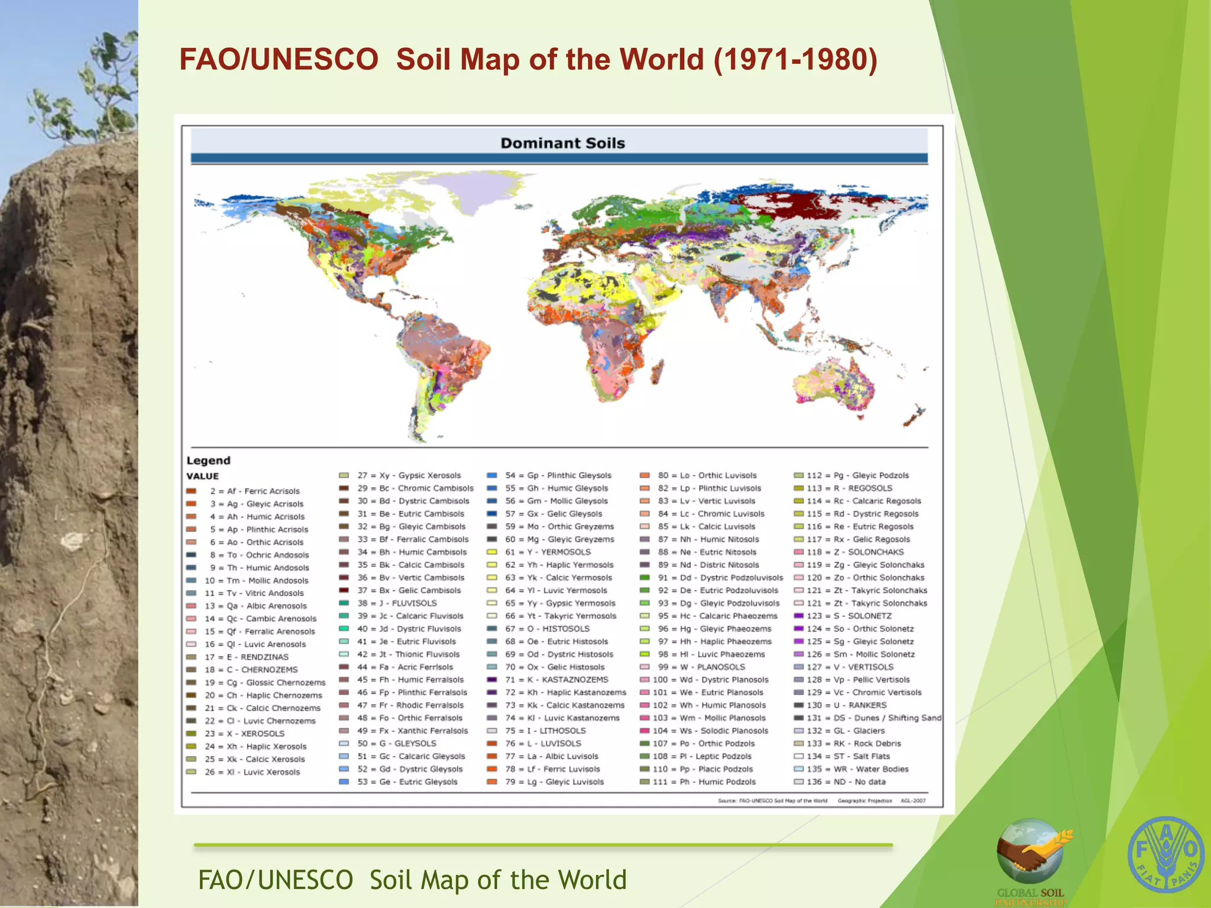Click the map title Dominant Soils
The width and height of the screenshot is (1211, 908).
(562, 143)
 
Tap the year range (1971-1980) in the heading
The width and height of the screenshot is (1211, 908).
(795, 60)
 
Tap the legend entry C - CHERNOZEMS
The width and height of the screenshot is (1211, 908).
(261, 670)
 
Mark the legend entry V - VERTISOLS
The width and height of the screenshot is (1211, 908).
(863, 667)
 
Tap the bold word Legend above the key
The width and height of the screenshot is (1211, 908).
(208, 461)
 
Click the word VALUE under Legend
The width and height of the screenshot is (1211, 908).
(202, 476)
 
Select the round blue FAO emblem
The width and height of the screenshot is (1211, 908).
(1165, 855)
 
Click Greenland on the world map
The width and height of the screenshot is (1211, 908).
(473, 193)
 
